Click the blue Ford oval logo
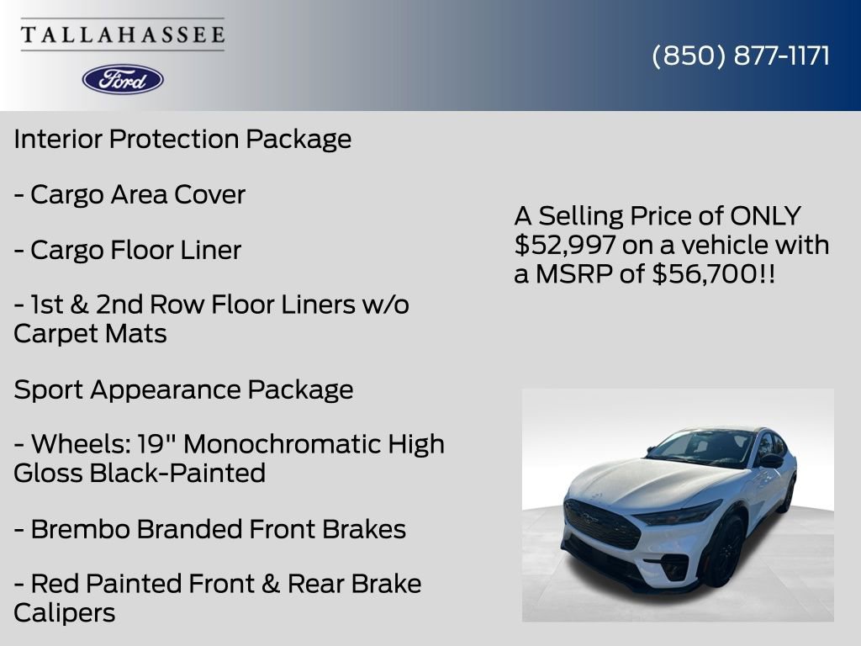point(123,79)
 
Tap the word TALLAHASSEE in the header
point(123,34)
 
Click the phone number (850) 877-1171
point(741,56)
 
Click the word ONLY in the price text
point(764,216)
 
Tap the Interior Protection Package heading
point(182,139)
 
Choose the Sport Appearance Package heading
point(183,389)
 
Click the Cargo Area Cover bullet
point(129,194)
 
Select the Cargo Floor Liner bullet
point(127,250)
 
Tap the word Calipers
point(64,612)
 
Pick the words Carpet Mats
point(90,333)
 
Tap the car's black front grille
point(601,524)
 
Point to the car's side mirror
point(770,460)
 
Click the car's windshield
point(703,447)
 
